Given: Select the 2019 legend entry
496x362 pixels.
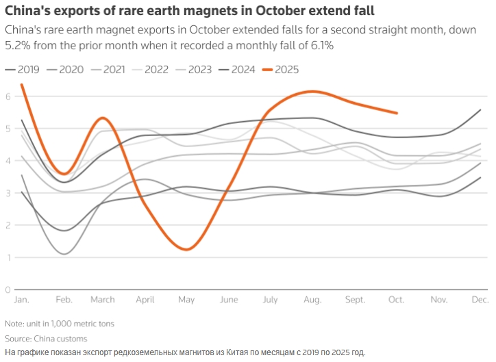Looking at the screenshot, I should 23,69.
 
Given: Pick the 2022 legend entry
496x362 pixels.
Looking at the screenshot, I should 151,69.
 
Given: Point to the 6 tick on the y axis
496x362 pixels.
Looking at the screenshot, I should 8,96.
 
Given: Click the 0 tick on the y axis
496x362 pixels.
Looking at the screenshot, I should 8,289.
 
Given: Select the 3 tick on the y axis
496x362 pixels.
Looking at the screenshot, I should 8,193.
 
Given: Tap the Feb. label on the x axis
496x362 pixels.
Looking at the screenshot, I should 64,300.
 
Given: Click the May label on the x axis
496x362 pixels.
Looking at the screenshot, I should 186,300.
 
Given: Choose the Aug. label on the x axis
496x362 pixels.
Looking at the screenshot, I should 312,300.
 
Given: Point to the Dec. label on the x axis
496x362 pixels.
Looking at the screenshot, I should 480,300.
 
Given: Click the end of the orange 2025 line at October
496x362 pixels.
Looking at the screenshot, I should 397,113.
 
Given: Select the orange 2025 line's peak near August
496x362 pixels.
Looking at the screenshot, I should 312,91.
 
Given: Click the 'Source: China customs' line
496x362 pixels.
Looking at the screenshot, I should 46,339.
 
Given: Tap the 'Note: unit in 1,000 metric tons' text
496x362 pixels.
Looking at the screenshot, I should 60,323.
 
